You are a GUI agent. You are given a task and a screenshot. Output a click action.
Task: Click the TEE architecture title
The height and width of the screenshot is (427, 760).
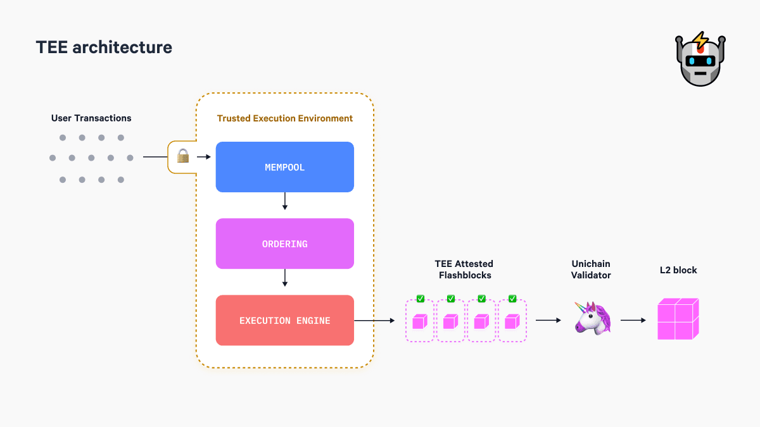(104, 47)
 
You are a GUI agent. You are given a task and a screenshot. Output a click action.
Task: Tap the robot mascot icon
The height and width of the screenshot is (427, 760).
(700, 60)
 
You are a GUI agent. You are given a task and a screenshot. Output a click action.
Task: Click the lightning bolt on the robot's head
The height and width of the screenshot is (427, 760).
(700, 41)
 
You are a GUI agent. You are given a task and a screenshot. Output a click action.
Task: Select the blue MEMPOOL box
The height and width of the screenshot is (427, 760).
(284, 167)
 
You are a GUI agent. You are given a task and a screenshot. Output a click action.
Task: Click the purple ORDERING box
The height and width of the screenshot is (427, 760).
(284, 244)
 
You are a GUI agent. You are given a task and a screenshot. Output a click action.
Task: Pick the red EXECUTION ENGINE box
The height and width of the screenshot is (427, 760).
(284, 321)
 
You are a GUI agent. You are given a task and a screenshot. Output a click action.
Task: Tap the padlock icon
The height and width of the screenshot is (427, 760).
(183, 156)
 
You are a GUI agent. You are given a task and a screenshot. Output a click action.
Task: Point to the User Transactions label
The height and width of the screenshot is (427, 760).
(91, 118)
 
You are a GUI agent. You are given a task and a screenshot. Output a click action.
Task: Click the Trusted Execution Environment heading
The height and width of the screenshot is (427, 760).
(285, 118)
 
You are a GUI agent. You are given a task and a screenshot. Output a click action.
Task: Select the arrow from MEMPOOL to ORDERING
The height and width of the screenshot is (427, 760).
(284, 201)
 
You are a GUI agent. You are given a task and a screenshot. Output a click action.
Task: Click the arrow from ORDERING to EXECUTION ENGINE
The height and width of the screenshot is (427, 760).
(284, 278)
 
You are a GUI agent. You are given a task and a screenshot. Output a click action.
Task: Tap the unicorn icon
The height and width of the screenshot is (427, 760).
(592, 318)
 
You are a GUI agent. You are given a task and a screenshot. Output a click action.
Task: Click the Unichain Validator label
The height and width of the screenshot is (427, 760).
(591, 269)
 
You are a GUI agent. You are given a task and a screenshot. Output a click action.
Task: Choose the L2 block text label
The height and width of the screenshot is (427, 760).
(678, 270)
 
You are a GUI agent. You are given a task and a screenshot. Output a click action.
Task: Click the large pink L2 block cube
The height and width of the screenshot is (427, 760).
(678, 319)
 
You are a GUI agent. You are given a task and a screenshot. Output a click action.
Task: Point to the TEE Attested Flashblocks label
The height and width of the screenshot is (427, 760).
(464, 269)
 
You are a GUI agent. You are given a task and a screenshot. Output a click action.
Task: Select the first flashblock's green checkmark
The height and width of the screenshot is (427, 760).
(421, 299)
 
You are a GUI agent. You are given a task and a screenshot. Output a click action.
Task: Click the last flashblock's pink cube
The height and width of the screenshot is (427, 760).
(512, 322)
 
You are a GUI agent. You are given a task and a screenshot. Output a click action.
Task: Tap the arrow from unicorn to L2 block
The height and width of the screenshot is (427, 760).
(633, 321)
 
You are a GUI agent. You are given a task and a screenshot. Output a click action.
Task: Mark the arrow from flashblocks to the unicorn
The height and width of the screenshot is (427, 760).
(548, 321)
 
